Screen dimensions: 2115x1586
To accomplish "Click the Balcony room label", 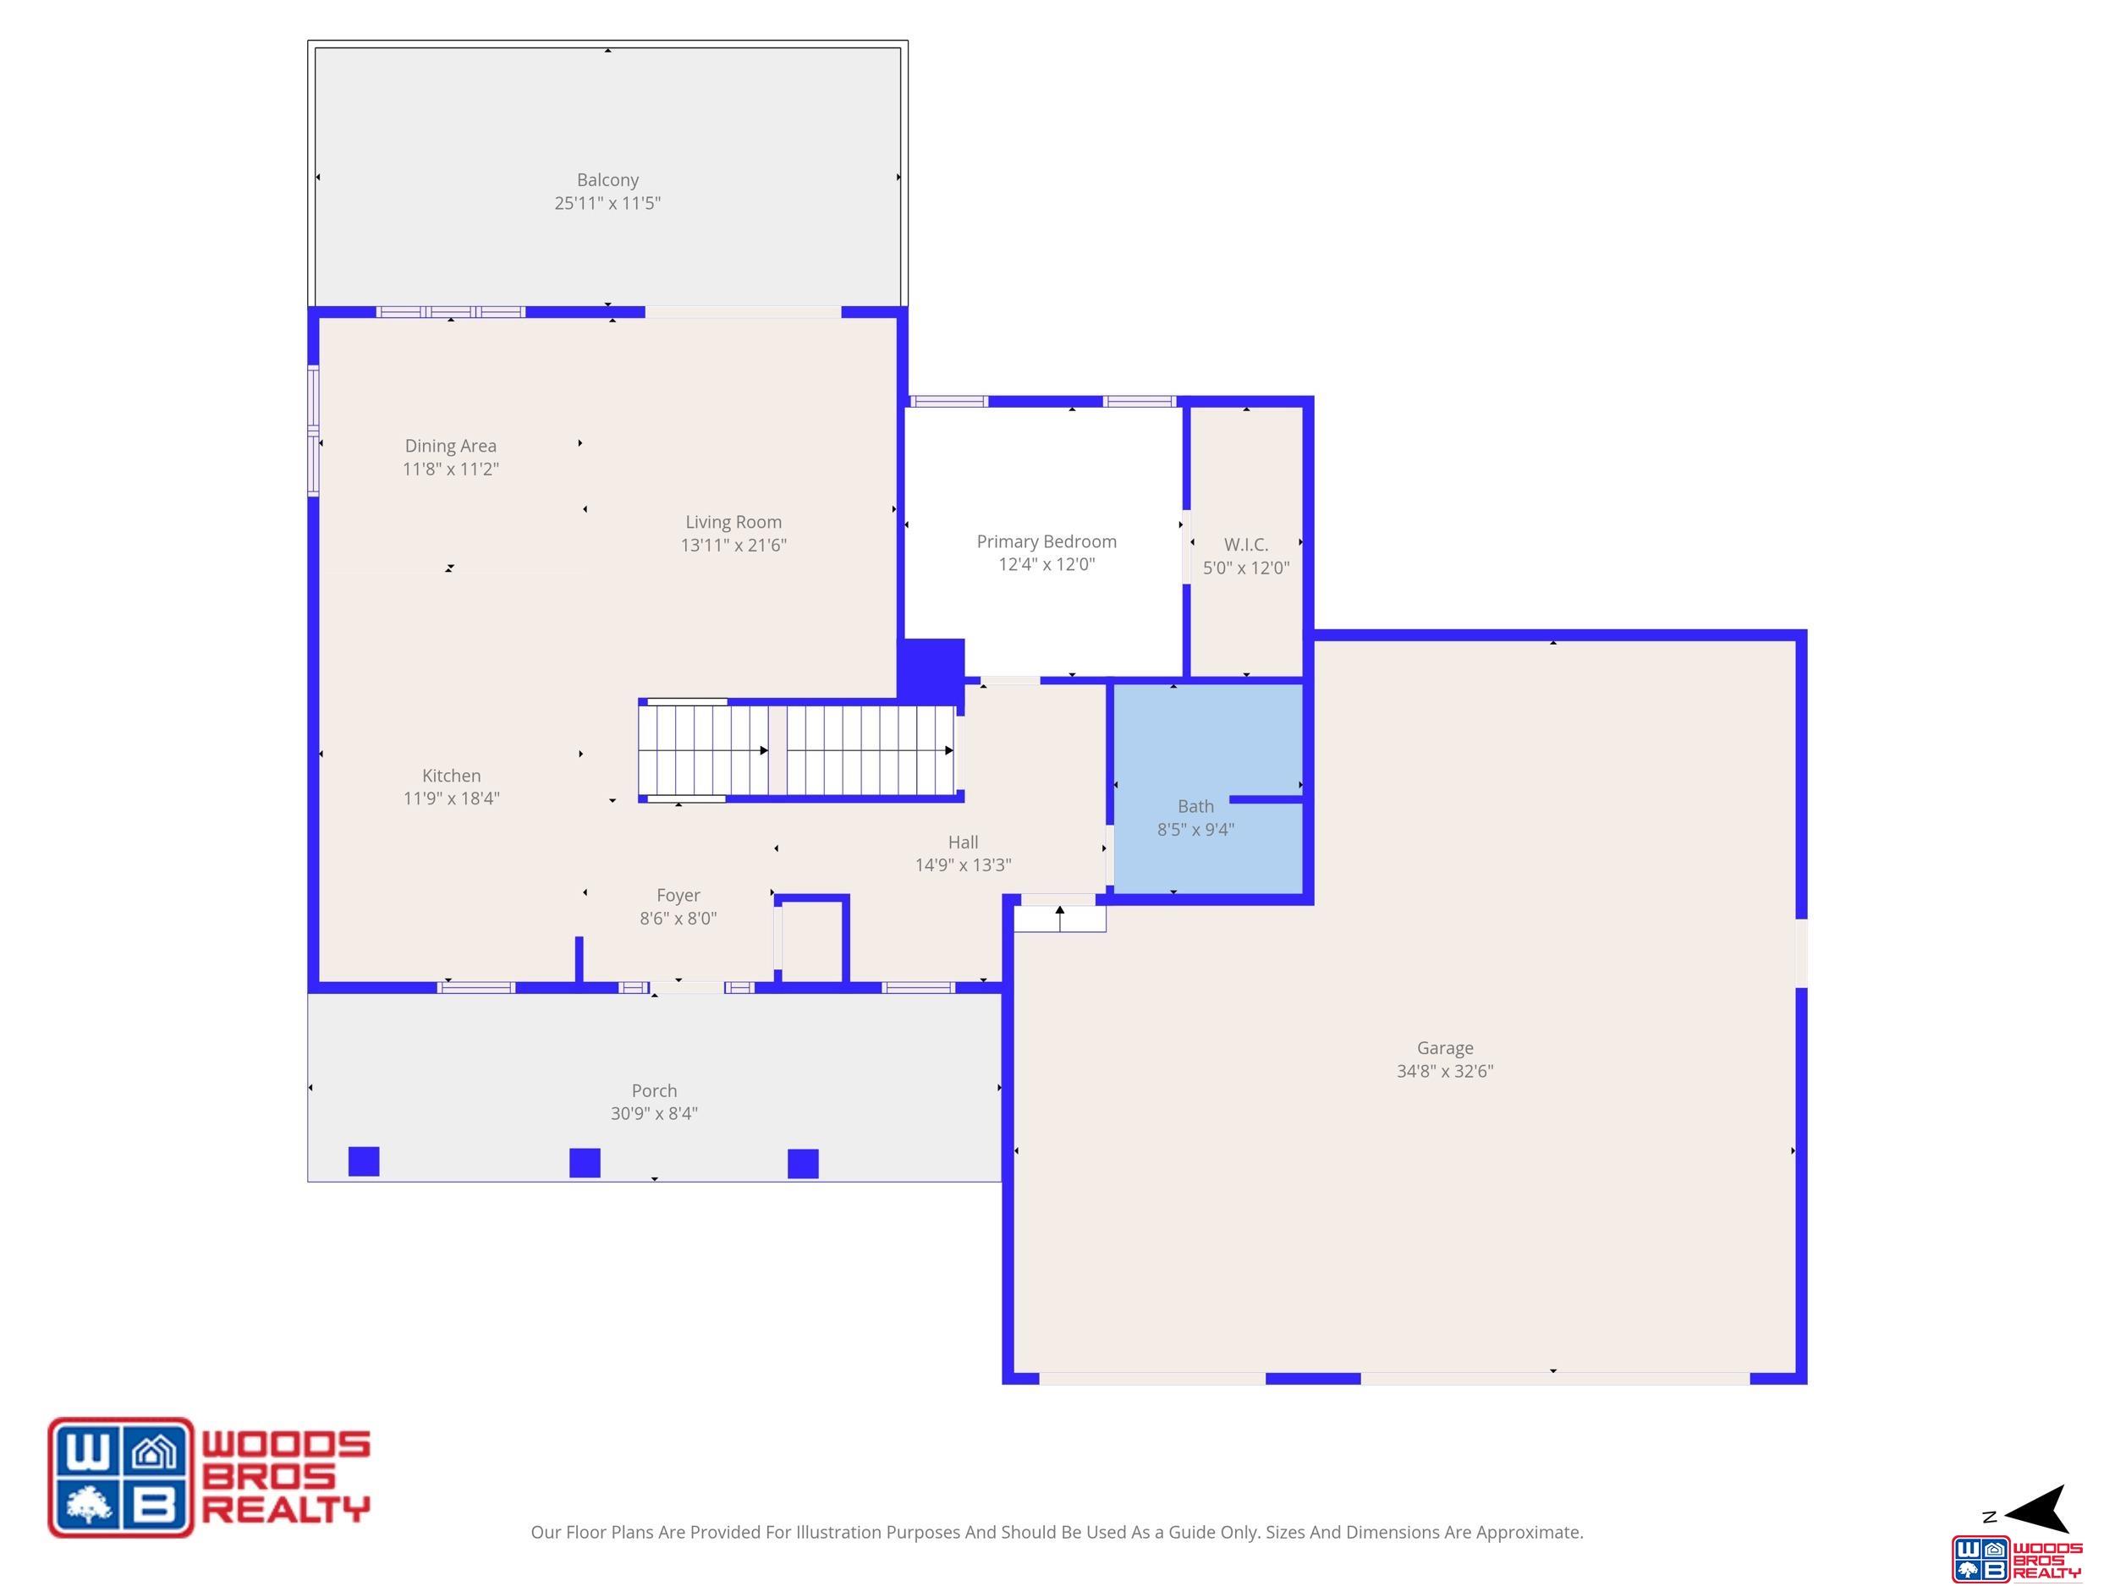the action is click(607, 179).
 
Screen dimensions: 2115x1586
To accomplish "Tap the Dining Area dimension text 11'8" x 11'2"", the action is click(450, 469).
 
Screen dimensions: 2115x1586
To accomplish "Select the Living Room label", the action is click(733, 522).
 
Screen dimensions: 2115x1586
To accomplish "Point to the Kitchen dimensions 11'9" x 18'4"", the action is click(451, 798).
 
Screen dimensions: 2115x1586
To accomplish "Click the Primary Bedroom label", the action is click(1046, 541).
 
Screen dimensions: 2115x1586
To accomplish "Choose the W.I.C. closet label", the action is click(1246, 544).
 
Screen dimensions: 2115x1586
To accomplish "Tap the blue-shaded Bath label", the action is click(1195, 806).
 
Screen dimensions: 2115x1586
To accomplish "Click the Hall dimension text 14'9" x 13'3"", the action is click(963, 865).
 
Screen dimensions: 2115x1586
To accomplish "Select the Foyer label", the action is click(678, 896).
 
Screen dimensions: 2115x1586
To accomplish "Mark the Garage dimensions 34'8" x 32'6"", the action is click(1445, 1071).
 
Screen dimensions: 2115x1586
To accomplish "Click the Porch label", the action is click(654, 1091).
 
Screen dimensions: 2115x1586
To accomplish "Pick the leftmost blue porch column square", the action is click(363, 1161).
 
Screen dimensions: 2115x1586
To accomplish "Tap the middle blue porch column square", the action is click(585, 1162).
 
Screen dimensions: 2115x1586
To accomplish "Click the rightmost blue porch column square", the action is click(803, 1163).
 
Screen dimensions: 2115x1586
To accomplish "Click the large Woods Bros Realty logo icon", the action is click(120, 1477).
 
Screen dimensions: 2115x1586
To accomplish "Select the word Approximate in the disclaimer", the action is click(1528, 1533).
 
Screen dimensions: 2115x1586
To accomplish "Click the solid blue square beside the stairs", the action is click(931, 669).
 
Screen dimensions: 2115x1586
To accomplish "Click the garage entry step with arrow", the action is click(1059, 918).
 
